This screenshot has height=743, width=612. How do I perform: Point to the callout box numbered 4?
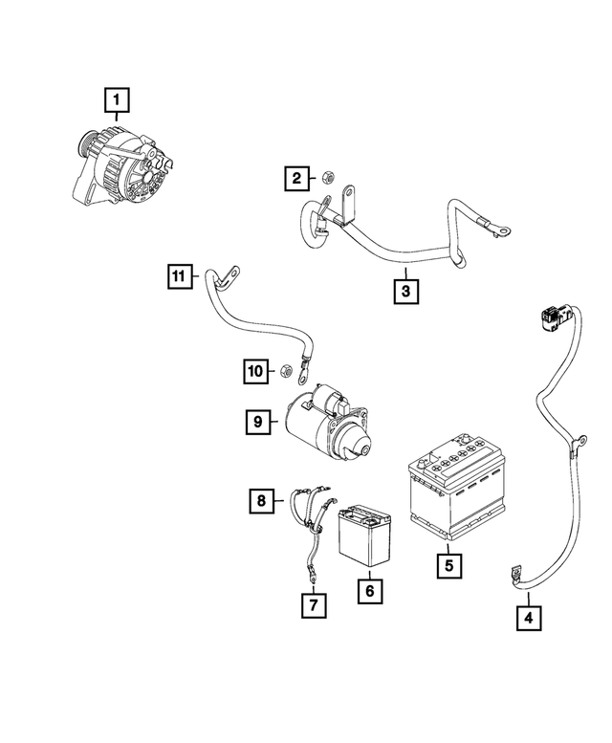527,619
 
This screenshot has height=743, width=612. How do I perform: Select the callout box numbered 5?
447,566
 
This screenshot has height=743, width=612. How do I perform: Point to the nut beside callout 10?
284,369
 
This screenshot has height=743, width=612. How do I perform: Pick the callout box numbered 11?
178,277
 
